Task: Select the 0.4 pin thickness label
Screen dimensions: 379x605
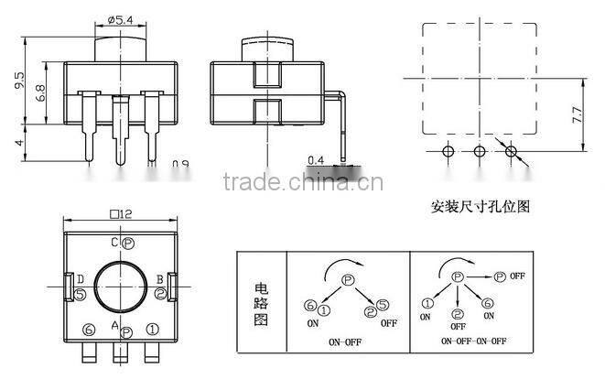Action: [316, 159]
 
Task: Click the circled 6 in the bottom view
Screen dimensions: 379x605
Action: [89, 329]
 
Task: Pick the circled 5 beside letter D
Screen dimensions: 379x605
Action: [81, 294]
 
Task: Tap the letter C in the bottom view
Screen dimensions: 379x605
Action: [114, 243]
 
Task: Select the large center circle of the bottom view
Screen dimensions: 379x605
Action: [121, 287]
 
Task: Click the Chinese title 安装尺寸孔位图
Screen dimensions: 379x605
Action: [480, 207]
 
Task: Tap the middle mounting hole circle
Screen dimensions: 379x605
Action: [480, 150]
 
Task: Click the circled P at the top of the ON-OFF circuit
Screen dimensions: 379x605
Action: [348, 280]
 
